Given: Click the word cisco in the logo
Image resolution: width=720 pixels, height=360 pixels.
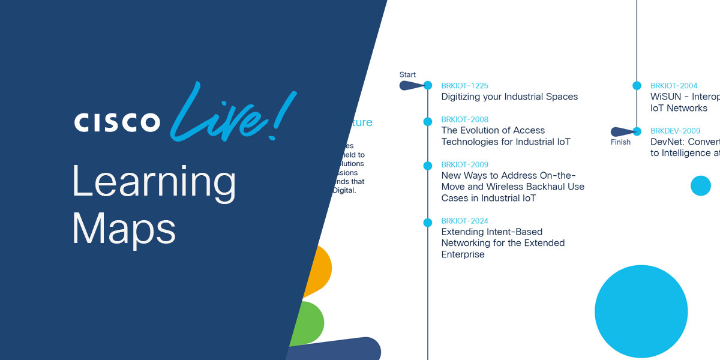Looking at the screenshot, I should point(117,122).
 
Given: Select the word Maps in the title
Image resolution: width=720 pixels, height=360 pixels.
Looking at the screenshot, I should point(124,228).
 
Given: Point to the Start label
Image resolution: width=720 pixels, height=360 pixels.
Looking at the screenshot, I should point(407,75).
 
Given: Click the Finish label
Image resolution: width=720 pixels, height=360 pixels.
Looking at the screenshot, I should point(621,142).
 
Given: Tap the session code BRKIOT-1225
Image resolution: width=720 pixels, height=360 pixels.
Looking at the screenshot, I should point(465,86).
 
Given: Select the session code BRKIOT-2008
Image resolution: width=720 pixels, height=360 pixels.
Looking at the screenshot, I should point(465,119).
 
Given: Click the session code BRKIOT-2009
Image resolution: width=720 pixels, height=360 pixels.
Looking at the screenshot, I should point(465,164).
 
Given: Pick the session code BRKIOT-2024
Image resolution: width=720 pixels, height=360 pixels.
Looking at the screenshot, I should point(465,221).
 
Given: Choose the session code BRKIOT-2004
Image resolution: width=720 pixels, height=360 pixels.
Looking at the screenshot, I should point(674,86).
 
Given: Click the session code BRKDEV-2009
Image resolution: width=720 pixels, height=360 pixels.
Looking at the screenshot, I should point(675,131).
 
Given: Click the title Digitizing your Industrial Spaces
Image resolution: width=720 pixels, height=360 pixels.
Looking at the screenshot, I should point(509,97).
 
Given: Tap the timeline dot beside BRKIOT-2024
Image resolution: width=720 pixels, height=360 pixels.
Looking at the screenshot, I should point(428,223).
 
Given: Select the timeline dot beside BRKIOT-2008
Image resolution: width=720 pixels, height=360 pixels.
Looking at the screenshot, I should point(428,121).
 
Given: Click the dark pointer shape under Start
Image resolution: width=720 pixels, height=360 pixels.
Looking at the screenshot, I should point(412,86).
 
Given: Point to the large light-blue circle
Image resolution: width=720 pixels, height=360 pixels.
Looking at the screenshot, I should point(641,311).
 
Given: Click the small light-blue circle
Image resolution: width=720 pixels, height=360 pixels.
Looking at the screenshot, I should point(700,185).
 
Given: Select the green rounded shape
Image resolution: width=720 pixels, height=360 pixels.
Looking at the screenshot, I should point(309,323).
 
